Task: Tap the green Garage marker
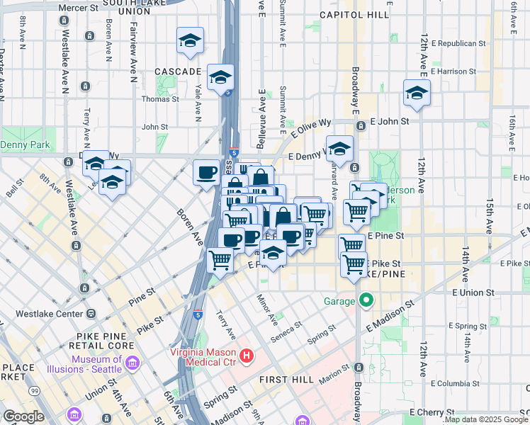click(x=366, y=300)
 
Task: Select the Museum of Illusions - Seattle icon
click(x=132, y=364)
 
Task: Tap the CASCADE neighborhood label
click(x=178, y=72)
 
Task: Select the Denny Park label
click(x=23, y=145)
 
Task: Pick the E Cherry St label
click(x=432, y=412)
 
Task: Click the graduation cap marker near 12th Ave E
click(x=417, y=93)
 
